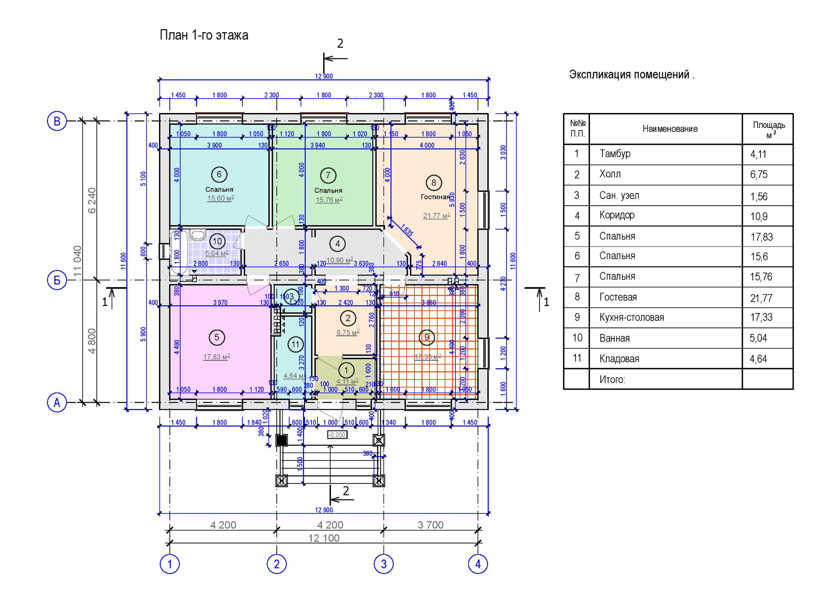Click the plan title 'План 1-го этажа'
tap(204, 35)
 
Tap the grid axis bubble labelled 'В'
tap(57, 121)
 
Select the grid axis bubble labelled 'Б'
tap(57, 280)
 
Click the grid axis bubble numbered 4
tap(478, 564)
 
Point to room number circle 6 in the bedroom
tap(219, 175)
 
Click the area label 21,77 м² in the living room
tap(436, 216)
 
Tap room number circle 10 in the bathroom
tap(217, 241)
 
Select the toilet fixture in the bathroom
tap(198, 235)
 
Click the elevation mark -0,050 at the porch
tap(337, 435)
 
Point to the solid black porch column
tap(281, 440)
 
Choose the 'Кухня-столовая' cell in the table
tap(632, 317)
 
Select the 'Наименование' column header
tap(670, 129)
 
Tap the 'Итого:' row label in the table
tap(612, 380)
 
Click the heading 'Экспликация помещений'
tap(632, 75)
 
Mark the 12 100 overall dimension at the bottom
tap(324, 538)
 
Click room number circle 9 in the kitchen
tap(427, 337)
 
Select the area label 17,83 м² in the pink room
tap(216, 357)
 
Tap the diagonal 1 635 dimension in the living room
tap(407, 230)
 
